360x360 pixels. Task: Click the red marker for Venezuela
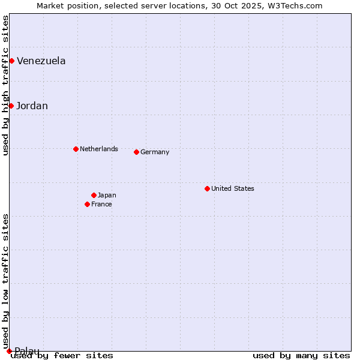click(x=11, y=61)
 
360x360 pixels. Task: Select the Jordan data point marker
click(x=11, y=106)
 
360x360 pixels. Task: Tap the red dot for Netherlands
click(x=76, y=149)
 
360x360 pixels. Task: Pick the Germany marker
click(x=136, y=152)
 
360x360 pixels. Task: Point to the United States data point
click(x=207, y=188)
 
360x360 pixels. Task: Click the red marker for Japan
click(x=94, y=195)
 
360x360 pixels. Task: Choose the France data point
click(x=87, y=204)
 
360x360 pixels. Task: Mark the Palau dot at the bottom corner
click(x=9, y=351)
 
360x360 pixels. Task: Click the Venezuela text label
click(x=41, y=61)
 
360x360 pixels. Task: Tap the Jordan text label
click(x=32, y=106)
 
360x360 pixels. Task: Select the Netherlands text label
click(x=99, y=149)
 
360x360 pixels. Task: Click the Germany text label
click(x=155, y=152)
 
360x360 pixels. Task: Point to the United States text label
click(x=233, y=188)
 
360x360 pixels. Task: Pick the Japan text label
click(x=107, y=195)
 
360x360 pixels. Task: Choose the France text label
click(x=101, y=204)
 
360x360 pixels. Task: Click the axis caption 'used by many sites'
click(x=301, y=356)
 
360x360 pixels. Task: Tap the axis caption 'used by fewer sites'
click(x=62, y=356)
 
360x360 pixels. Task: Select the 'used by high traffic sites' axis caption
click(x=6, y=85)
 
